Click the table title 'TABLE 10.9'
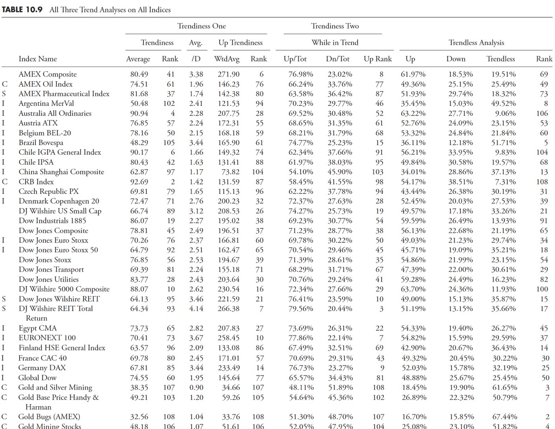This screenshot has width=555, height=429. pos(22,9)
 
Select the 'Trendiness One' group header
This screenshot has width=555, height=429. pos(201,26)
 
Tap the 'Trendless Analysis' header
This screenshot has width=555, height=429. pos(476,43)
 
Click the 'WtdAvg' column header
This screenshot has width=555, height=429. pos(227,59)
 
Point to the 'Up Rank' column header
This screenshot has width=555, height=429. pos(377,59)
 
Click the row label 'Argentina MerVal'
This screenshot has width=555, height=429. pos(46,103)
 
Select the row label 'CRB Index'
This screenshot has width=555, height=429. pos(36,182)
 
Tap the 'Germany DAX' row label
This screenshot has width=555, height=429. pos(42,368)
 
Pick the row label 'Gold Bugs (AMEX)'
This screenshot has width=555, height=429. pos(49,417)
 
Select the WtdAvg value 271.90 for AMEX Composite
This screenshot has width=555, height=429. pos(228,74)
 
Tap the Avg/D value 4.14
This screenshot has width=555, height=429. pos(196,309)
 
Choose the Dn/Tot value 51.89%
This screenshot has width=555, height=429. pos(340,387)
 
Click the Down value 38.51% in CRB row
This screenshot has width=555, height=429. pos(460,182)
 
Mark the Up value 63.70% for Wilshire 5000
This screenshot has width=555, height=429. pos(413,289)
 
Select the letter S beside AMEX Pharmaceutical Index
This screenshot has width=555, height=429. pos(4,94)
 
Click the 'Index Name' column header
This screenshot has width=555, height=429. pos(37,59)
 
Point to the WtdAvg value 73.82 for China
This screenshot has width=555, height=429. pos(231,172)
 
